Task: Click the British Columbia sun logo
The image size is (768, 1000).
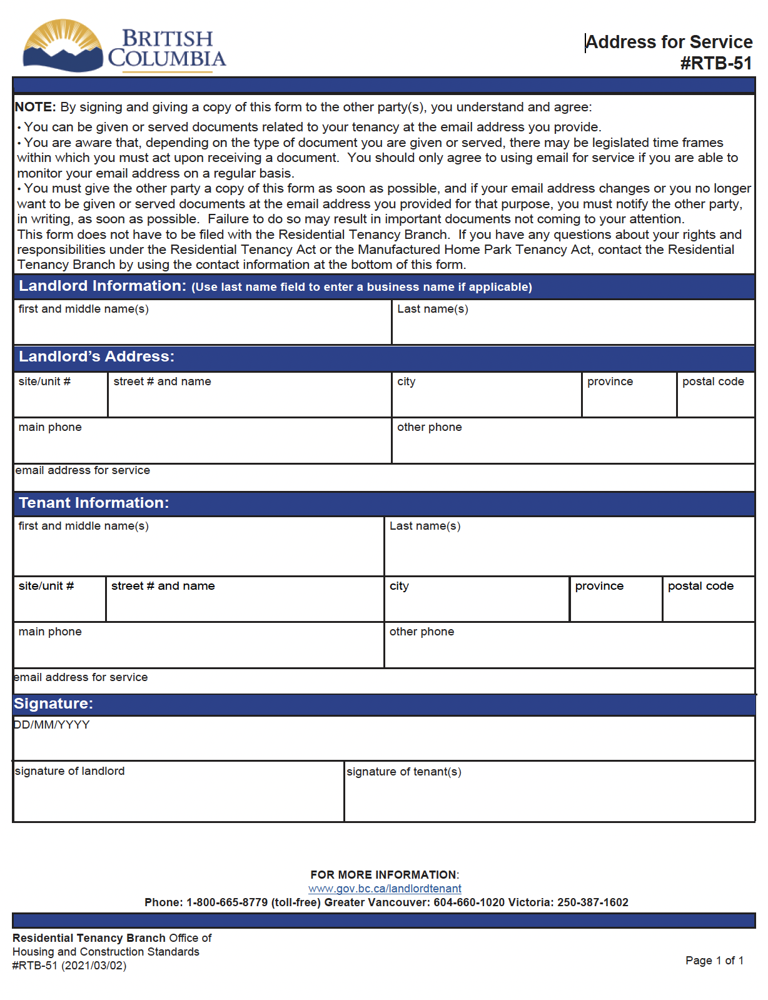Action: [x=63, y=45]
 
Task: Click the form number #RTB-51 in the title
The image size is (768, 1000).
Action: [x=715, y=63]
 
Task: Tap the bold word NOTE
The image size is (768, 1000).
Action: [x=35, y=107]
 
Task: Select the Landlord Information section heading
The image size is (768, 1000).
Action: [x=103, y=286]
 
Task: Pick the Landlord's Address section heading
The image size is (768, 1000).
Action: [x=96, y=356]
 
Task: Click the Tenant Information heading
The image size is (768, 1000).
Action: [x=94, y=503]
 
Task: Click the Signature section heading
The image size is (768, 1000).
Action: [x=54, y=704]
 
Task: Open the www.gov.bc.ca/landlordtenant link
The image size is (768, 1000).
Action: [x=385, y=889]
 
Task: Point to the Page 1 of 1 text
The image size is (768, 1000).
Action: [x=714, y=961]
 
